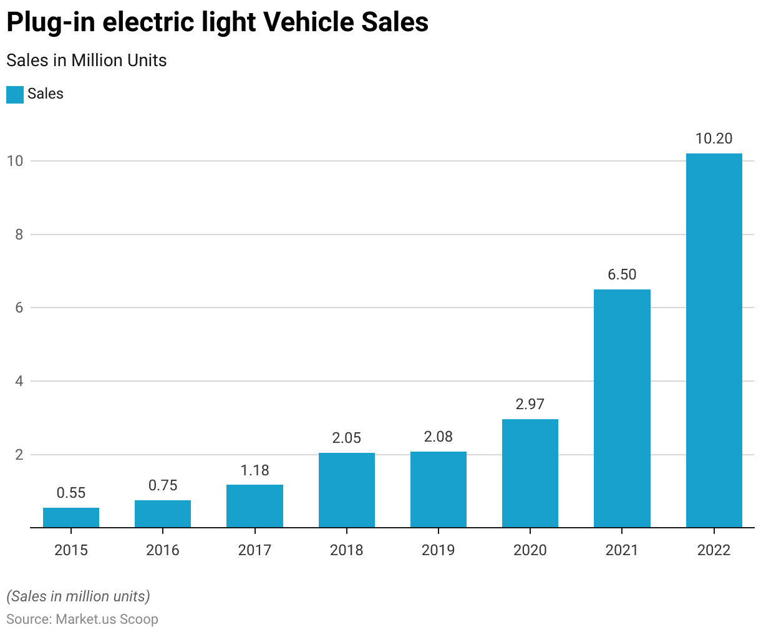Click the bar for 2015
point(71,518)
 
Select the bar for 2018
point(347,490)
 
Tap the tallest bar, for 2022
point(714,341)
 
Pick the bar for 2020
point(530,473)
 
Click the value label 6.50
point(622,274)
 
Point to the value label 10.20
point(714,138)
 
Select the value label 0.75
point(163,485)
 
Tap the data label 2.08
point(439,437)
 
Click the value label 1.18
point(254,470)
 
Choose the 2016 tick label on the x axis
point(163,550)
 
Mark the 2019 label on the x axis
point(439,550)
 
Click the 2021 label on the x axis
point(622,550)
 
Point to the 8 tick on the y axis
point(19,235)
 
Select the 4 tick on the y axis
point(19,381)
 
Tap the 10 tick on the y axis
point(15,161)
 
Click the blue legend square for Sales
point(15,94)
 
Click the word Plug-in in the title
point(51,22)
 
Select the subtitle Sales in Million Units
point(87,61)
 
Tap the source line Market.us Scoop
point(82,619)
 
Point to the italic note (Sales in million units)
point(79,596)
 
